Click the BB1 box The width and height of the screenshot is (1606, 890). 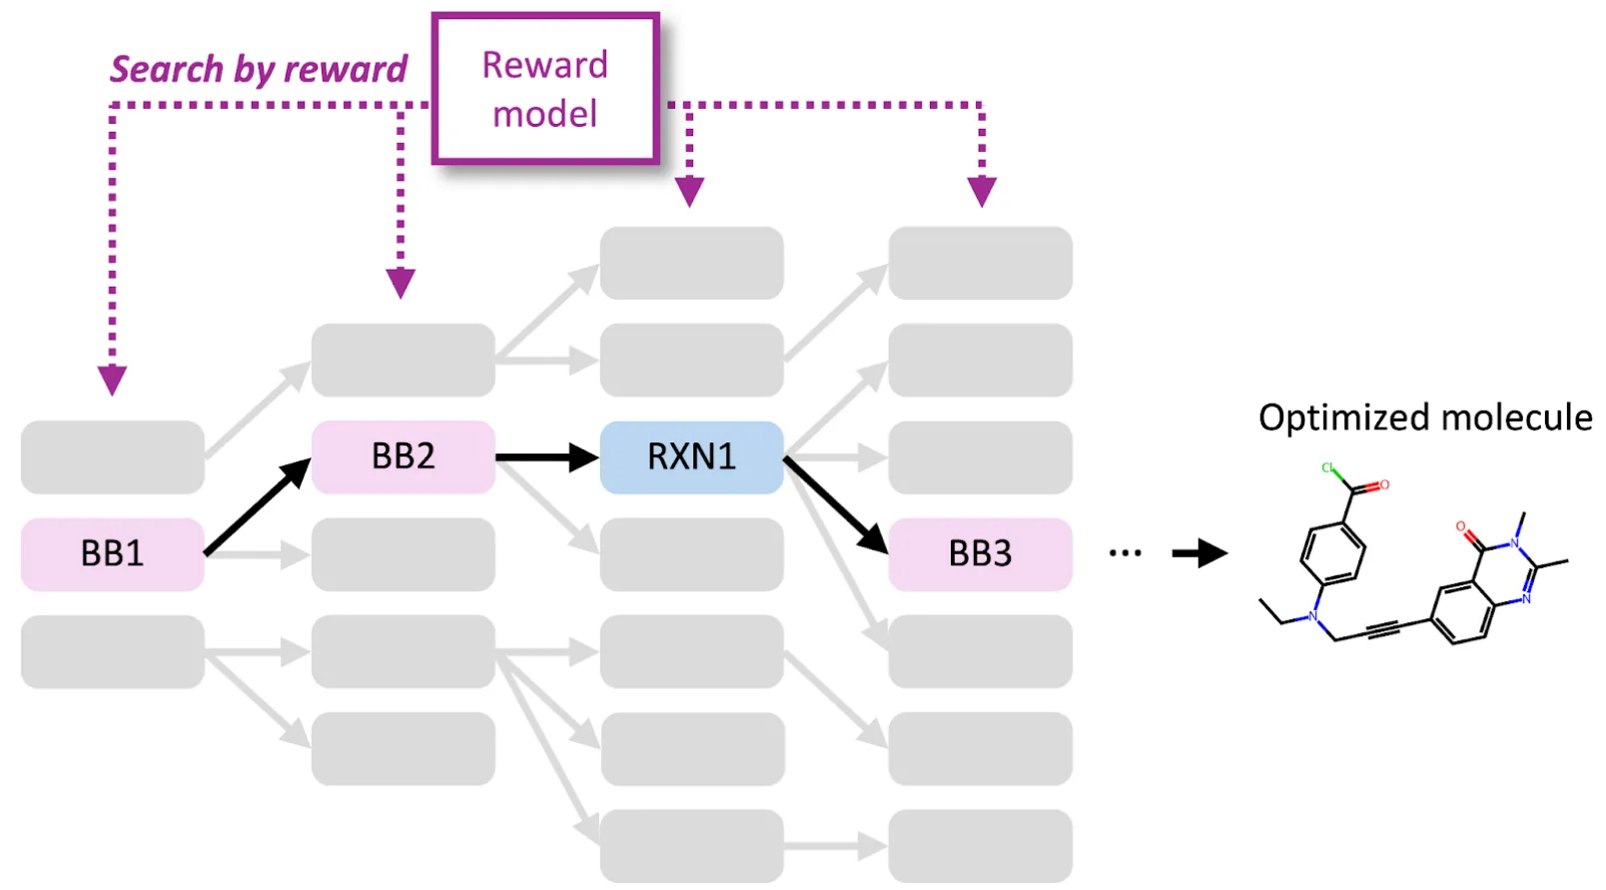(x=112, y=553)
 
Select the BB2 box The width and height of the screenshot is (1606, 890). (x=402, y=456)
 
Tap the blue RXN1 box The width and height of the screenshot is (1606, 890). (x=691, y=456)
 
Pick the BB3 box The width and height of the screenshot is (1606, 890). (x=980, y=553)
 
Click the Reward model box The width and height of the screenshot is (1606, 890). (x=545, y=88)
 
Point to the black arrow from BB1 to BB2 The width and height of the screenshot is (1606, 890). (x=257, y=507)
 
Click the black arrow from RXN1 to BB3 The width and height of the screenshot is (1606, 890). (x=835, y=504)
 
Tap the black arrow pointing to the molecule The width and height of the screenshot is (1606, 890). (x=1199, y=552)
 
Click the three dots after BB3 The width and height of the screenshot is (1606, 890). (x=1125, y=552)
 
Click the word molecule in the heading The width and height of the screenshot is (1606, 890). (x=1516, y=418)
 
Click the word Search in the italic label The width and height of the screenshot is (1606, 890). (x=166, y=69)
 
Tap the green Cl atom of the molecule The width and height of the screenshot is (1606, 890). (x=1327, y=467)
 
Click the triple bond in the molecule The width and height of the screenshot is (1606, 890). (x=1383, y=629)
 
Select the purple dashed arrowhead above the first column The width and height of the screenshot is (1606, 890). (x=112, y=380)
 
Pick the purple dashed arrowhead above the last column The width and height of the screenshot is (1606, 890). (x=982, y=191)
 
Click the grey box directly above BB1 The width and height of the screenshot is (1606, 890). (x=112, y=456)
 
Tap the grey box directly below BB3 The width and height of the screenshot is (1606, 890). (x=980, y=651)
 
